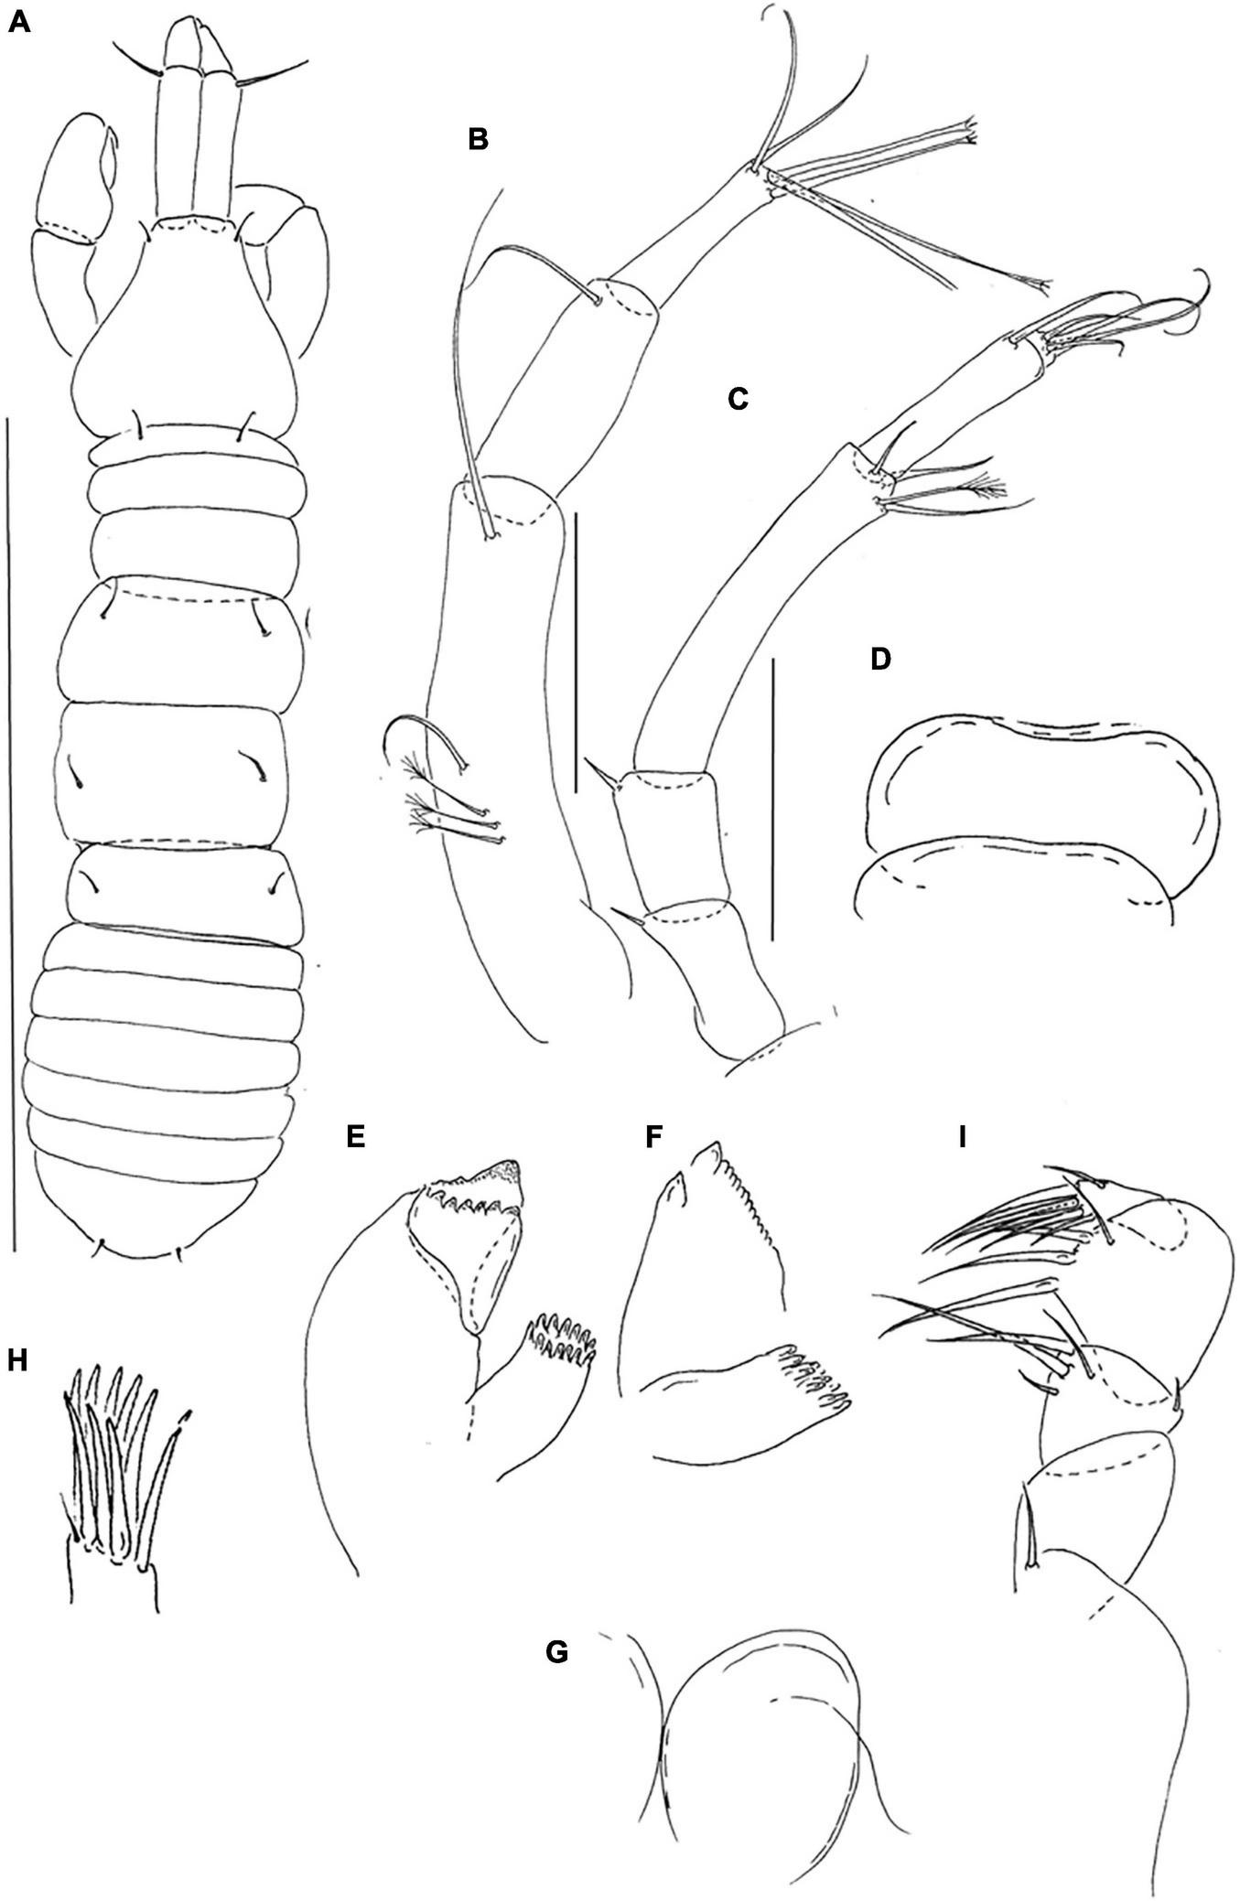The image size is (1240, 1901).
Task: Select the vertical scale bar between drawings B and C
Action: (x=575, y=652)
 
